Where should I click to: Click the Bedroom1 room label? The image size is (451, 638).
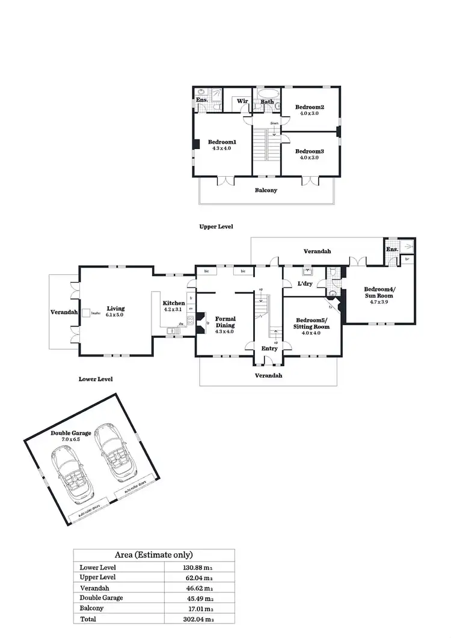[222, 142]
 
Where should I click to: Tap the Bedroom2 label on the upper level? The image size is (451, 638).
[310, 107]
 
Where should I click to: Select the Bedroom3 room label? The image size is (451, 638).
[310, 152]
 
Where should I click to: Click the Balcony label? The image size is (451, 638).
[265, 191]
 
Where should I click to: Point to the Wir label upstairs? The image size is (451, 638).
[242, 102]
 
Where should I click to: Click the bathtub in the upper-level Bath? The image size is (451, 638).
[266, 94]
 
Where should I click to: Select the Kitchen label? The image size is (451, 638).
[174, 304]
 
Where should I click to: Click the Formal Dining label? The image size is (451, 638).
[226, 322]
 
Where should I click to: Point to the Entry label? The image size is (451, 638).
[269, 348]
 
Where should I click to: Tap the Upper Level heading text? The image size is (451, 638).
[216, 227]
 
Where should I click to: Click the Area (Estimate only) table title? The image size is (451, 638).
[154, 555]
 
